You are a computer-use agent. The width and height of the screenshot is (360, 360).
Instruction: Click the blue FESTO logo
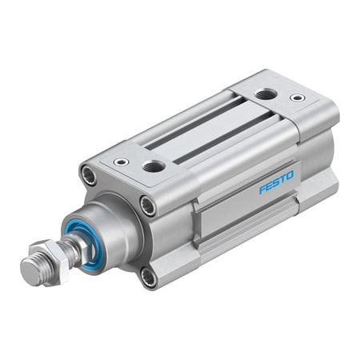click(276, 182)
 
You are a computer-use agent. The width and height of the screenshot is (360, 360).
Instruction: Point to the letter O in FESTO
click(290, 174)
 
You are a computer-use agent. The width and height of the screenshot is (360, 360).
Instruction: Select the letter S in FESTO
click(276, 182)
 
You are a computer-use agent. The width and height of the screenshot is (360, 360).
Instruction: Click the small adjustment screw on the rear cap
click(298, 98)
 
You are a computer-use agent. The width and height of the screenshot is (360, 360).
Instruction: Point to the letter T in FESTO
click(282, 178)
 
